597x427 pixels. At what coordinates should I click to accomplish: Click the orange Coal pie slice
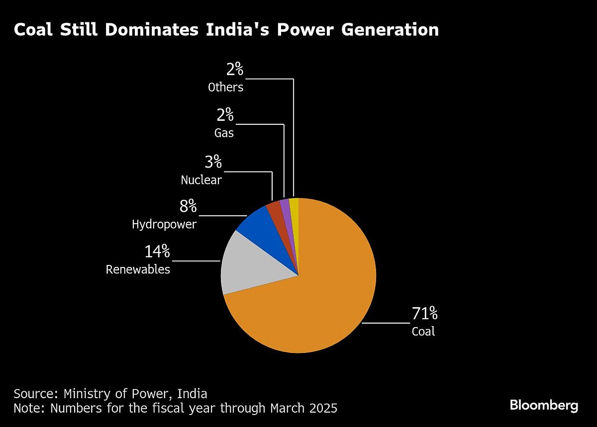(318, 298)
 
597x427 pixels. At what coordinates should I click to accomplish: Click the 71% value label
(424, 314)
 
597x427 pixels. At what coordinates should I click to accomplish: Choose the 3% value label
(213, 162)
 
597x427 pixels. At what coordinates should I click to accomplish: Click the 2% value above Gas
(225, 116)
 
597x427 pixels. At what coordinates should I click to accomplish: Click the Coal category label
(423, 332)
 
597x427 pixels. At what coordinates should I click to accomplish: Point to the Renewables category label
(138, 270)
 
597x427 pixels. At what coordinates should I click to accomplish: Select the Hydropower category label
(164, 225)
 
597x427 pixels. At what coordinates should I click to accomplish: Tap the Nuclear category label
(201, 180)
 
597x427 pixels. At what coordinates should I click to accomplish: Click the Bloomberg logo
(544, 405)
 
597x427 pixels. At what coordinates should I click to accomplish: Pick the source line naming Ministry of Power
(110, 394)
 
